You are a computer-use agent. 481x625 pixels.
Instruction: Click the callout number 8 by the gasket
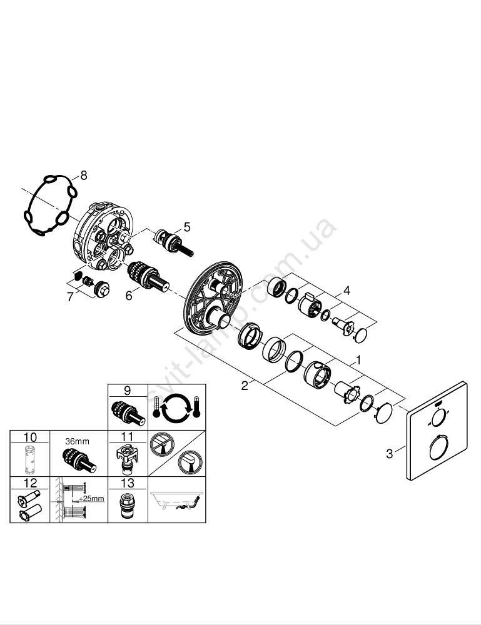83,175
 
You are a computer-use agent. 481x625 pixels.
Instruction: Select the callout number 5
187,227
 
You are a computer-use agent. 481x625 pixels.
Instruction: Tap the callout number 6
129,296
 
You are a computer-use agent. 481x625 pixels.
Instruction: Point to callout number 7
71,296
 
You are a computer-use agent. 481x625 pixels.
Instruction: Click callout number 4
347,291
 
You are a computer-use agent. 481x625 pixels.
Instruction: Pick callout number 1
358,361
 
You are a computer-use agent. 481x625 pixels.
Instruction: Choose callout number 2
245,386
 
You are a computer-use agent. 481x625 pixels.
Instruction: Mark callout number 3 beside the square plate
390,454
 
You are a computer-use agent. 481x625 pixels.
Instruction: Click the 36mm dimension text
77,441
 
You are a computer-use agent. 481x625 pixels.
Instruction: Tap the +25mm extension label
91,498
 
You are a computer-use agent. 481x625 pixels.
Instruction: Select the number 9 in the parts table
127,391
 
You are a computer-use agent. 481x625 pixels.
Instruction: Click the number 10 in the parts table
30,437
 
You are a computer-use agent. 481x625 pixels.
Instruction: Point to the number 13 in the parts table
128,483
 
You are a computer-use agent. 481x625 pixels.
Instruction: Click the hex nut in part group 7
102,289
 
